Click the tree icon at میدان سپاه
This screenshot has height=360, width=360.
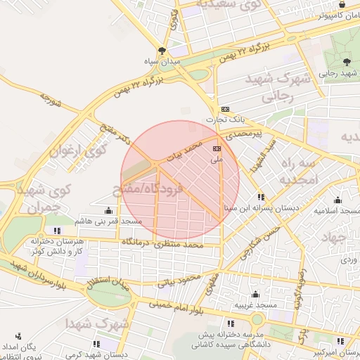point(162,51)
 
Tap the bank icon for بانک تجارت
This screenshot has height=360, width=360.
point(225,109)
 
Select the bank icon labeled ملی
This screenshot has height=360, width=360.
point(216,148)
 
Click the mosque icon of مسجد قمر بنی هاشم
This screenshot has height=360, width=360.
point(108,210)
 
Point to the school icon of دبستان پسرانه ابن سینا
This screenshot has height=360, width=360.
point(261,197)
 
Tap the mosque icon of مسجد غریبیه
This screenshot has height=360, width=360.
point(255,295)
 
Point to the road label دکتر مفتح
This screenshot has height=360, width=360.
point(115,132)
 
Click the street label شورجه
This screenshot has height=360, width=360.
point(51,101)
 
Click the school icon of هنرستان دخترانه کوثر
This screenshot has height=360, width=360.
point(57,230)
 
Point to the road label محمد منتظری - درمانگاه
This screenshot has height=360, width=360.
point(162,243)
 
